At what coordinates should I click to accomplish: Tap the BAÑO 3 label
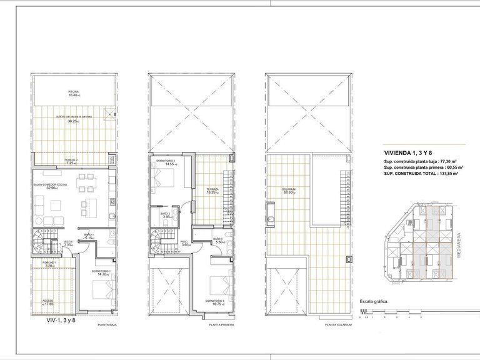[x=217, y=240]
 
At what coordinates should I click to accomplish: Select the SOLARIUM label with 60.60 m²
[x=287, y=189]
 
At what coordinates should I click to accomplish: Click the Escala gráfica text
[x=374, y=301]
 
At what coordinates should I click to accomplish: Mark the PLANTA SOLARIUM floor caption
[x=338, y=325]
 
